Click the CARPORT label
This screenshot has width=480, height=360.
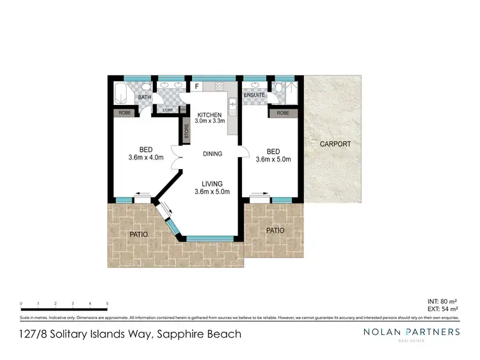pyautogui.click(x=335, y=144)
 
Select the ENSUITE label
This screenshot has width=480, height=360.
pyautogui.click(x=255, y=95)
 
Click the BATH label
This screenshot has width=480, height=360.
pyautogui.click(x=145, y=97)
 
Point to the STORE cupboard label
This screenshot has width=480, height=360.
pyautogui.click(x=187, y=131)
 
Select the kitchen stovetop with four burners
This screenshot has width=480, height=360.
pyautogui.click(x=220, y=86)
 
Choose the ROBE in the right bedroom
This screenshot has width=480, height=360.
pyautogui.click(x=282, y=113)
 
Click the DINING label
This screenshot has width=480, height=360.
pyautogui.click(x=212, y=154)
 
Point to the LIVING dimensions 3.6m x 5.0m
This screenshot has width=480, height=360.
pyautogui.click(x=212, y=192)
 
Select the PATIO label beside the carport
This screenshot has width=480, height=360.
pyautogui.click(x=275, y=230)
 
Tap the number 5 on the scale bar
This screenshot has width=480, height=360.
pyautogui.click(x=107, y=304)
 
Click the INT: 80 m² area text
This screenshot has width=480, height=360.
pyautogui.click(x=442, y=301)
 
